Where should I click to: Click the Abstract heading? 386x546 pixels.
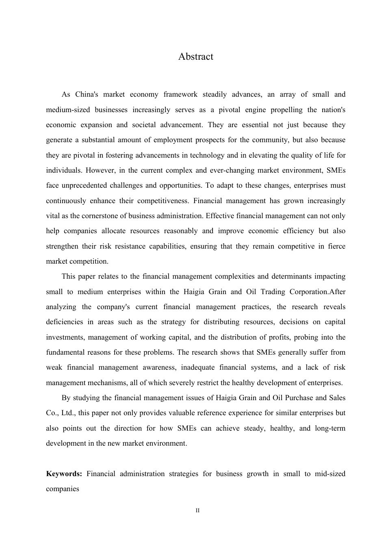195,56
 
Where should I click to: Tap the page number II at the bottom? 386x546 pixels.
197,511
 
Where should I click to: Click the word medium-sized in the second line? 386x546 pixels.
66,110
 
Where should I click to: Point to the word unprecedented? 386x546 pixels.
85,186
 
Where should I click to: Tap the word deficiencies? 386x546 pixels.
64,322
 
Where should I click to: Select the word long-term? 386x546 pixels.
330,428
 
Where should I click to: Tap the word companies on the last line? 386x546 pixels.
62,489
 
